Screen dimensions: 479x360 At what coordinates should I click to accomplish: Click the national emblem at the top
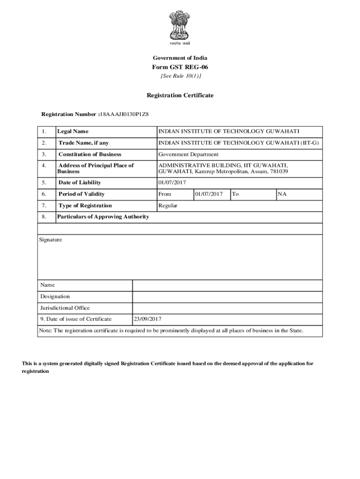pos(180,25)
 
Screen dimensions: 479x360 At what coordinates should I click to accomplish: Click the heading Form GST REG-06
pos(180,67)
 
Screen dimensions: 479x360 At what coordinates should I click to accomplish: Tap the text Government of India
pos(180,58)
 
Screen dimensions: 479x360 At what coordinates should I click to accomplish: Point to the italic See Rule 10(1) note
pos(180,76)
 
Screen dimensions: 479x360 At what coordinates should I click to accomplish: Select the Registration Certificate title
pos(180,95)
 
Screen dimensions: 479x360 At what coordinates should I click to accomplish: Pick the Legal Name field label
pos(72,131)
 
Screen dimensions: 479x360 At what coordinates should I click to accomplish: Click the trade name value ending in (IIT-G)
pos(238,143)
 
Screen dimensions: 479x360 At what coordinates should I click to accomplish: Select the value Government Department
pos(188,154)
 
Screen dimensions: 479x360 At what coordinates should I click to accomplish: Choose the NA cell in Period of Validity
pos(282,194)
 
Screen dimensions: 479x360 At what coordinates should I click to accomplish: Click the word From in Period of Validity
pos(165,194)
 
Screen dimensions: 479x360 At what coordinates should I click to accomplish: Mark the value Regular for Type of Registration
pos(168,205)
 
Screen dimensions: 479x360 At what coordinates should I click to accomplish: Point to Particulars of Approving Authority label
pos(103,217)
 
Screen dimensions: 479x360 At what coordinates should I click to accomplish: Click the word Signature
pos(50,239)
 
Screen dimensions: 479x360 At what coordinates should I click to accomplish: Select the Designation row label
pos(55,297)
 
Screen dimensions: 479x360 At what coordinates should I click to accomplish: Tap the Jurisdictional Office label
pos(65,308)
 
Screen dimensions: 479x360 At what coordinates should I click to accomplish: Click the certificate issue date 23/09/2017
pos(148,319)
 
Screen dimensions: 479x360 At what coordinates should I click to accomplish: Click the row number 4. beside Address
pos(43,165)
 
